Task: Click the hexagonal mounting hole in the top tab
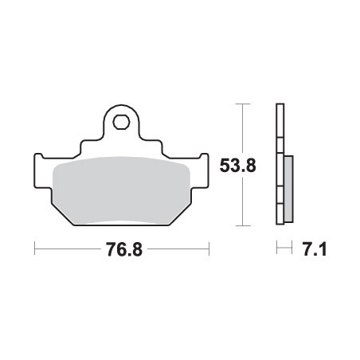[121, 122]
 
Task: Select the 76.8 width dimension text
[122, 250]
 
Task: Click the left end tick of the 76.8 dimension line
[35, 250]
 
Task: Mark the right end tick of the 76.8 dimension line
[208, 250]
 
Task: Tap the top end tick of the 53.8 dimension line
[243, 104]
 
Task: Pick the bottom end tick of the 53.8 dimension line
[243, 226]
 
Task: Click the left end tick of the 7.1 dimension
[277, 250]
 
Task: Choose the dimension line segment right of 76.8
[177, 250]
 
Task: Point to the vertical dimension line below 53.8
[243, 203]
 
